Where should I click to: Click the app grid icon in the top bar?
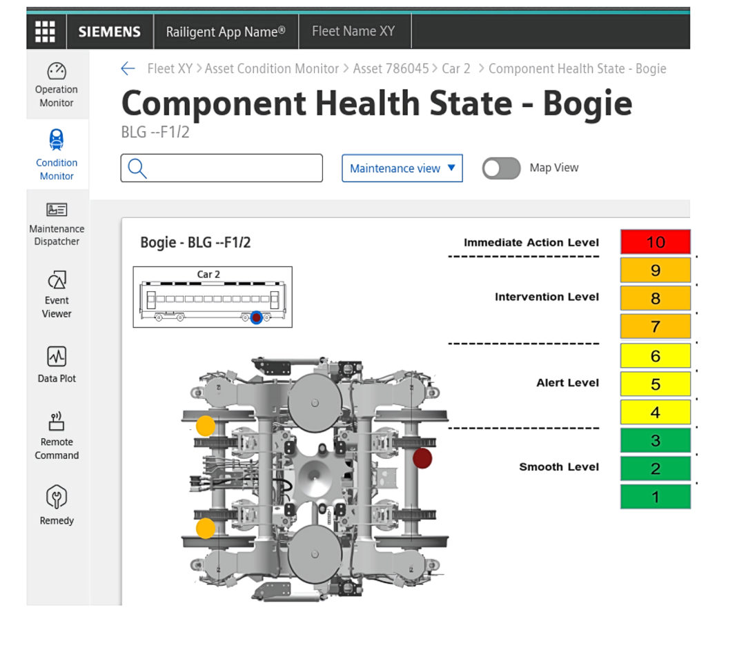[x=45, y=32]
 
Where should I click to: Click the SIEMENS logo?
[x=110, y=32]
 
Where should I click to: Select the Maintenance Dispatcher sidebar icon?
[x=57, y=209]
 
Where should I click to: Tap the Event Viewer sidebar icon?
[x=57, y=279]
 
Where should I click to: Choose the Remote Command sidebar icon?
[x=57, y=421]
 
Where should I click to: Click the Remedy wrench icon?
[x=57, y=496]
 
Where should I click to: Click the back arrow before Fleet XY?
[x=128, y=68]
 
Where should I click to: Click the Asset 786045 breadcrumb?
[x=391, y=68]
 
